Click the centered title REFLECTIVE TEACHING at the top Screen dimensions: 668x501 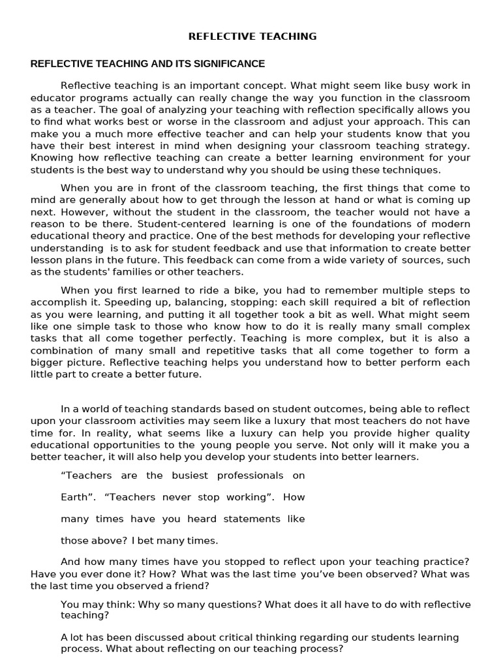coord(252,37)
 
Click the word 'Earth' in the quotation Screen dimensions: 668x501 coord(74,497)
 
